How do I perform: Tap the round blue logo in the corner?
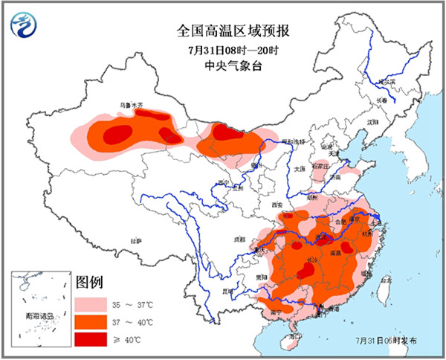(25, 27)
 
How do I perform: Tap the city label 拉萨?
(135, 241)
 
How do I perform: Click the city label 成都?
(238, 240)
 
